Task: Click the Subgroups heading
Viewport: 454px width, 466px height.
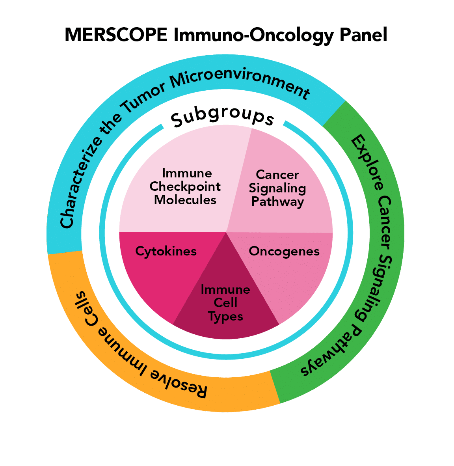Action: (223, 116)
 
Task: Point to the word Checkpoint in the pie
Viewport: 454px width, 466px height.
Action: (185, 186)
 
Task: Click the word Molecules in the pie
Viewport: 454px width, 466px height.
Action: (185, 200)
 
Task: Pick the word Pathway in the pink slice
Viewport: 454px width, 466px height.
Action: (277, 202)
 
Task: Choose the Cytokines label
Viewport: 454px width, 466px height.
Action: (166, 251)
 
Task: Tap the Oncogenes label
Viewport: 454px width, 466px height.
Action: (284, 252)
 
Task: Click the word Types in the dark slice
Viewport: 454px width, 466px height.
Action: (225, 317)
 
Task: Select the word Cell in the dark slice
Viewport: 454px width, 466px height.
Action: (225, 303)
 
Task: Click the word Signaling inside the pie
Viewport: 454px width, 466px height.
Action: (277, 188)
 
